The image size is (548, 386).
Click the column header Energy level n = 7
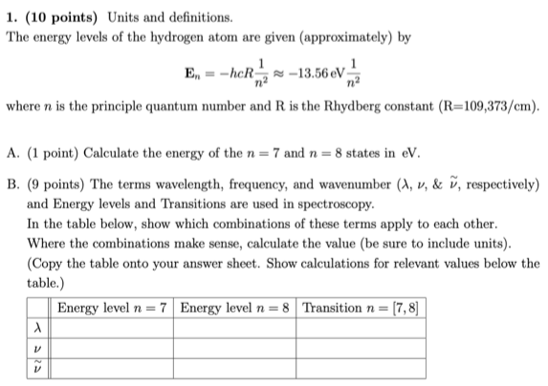click(x=113, y=309)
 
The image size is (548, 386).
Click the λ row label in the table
click(x=38, y=328)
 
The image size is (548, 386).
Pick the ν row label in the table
click(x=38, y=347)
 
